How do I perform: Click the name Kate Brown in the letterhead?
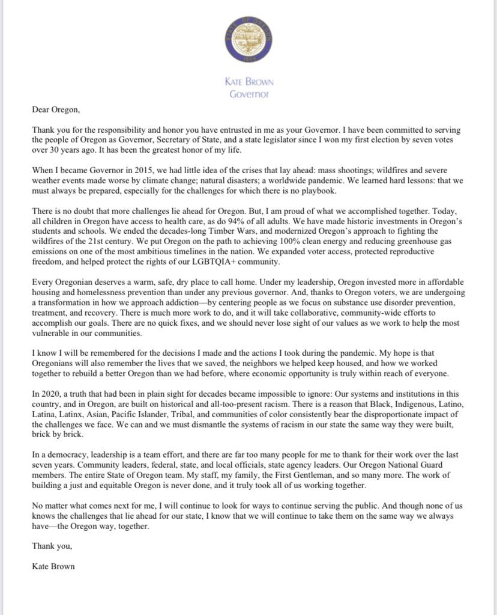[x=248, y=84]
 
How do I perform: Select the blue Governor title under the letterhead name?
[x=248, y=94]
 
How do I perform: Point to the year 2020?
[x=50, y=393]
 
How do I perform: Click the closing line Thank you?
[x=52, y=546]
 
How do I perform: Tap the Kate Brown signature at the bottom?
[x=53, y=566]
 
